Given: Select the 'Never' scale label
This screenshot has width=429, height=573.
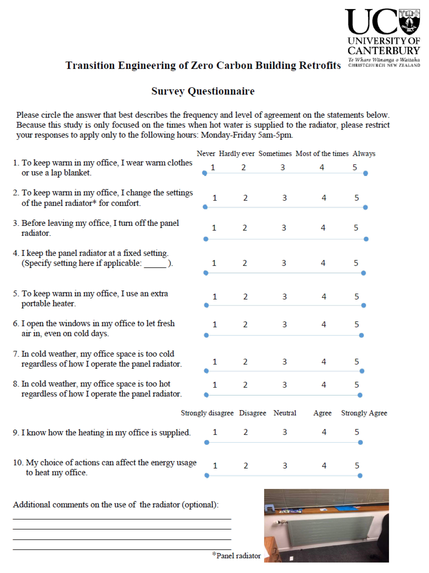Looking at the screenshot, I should pyautogui.click(x=206, y=154).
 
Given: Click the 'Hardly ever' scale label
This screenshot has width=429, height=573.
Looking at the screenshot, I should pyautogui.click(x=237, y=154).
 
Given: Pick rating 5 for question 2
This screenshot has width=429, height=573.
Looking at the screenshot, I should pyautogui.click(x=357, y=198).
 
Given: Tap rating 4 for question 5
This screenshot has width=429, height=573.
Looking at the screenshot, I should pyautogui.click(x=324, y=297).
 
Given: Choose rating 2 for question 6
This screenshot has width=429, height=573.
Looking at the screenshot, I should pyautogui.click(x=245, y=325).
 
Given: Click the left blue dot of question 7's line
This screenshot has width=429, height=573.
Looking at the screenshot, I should pyautogui.click(x=206, y=371).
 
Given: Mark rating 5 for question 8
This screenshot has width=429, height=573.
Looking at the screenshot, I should pyautogui.click(x=357, y=385).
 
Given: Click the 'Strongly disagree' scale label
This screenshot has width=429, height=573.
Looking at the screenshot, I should pyautogui.click(x=207, y=413).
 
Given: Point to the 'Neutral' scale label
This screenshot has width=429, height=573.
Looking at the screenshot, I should pyautogui.click(x=285, y=413).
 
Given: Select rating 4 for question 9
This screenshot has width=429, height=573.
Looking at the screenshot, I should pyautogui.click(x=324, y=432).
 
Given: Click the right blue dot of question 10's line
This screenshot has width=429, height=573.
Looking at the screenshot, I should pyautogui.click(x=360, y=476).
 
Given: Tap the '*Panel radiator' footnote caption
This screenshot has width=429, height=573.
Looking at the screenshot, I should pyautogui.click(x=236, y=556).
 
